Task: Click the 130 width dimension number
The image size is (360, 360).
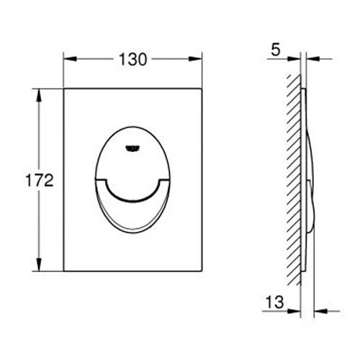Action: click(x=132, y=60)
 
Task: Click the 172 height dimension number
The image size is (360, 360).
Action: click(x=40, y=181)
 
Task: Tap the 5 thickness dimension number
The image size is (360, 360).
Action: click(x=276, y=50)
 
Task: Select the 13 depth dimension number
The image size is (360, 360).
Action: click(x=274, y=302)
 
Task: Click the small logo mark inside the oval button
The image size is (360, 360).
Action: click(x=132, y=148)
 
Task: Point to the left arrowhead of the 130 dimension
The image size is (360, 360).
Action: click(x=70, y=59)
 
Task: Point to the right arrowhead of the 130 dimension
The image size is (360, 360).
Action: click(x=195, y=59)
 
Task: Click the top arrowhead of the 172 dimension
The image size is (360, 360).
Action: click(x=39, y=96)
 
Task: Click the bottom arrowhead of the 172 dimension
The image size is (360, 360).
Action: click(x=39, y=264)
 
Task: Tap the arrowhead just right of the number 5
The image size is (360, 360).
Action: click(x=294, y=59)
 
